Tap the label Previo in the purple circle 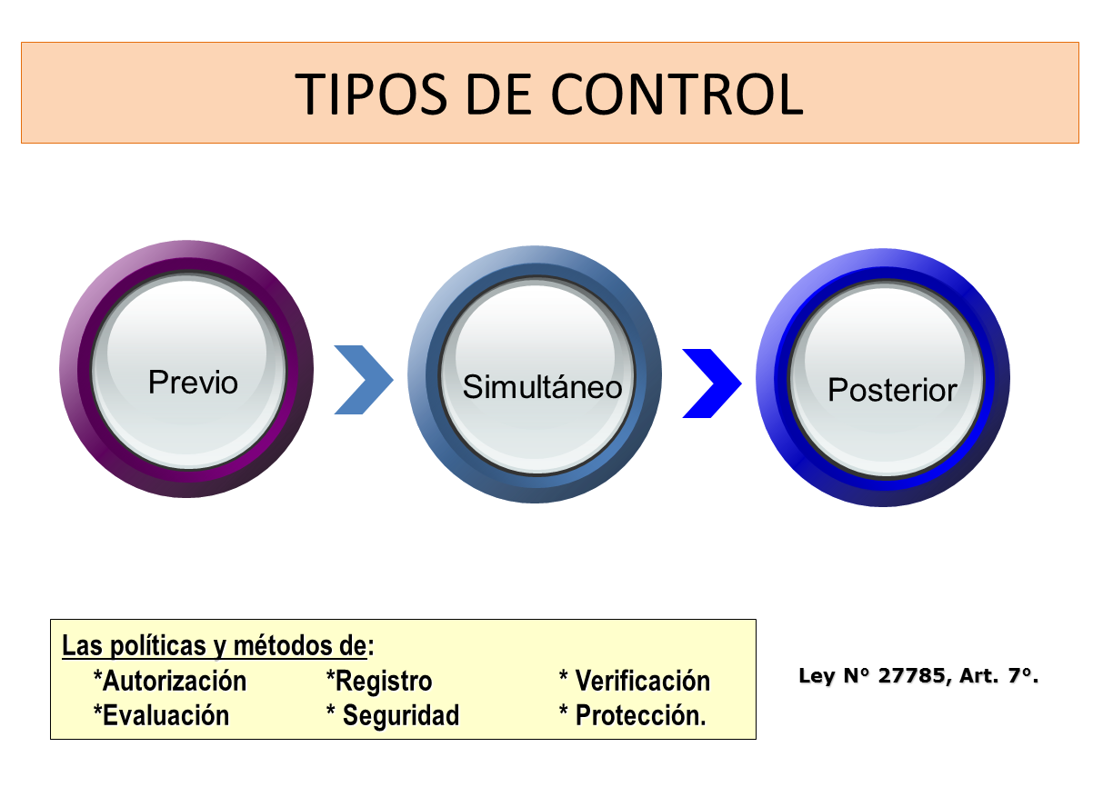193,382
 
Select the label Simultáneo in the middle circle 542,387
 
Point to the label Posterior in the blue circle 892,391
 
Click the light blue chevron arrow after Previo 363,380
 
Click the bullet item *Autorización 170,681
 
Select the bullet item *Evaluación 161,715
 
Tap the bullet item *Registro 379,681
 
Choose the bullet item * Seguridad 393,715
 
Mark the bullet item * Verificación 635,681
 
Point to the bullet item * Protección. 633,715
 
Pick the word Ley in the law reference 815,676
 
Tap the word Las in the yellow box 82,646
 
